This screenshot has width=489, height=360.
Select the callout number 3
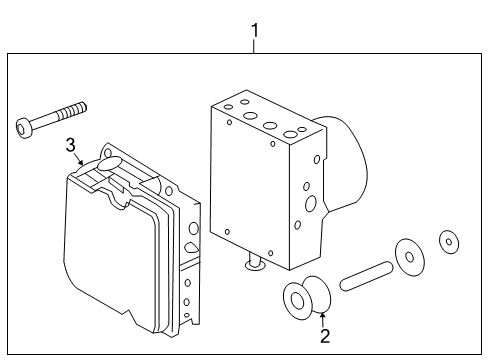[x=71, y=146]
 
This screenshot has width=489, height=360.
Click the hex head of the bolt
[x=25, y=127]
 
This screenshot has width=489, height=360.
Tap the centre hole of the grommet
[x=297, y=300]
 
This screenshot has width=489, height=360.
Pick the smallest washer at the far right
[x=449, y=241]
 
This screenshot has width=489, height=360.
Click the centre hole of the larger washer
[x=408, y=255]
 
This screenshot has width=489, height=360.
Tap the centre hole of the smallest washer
[x=449, y=241]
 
